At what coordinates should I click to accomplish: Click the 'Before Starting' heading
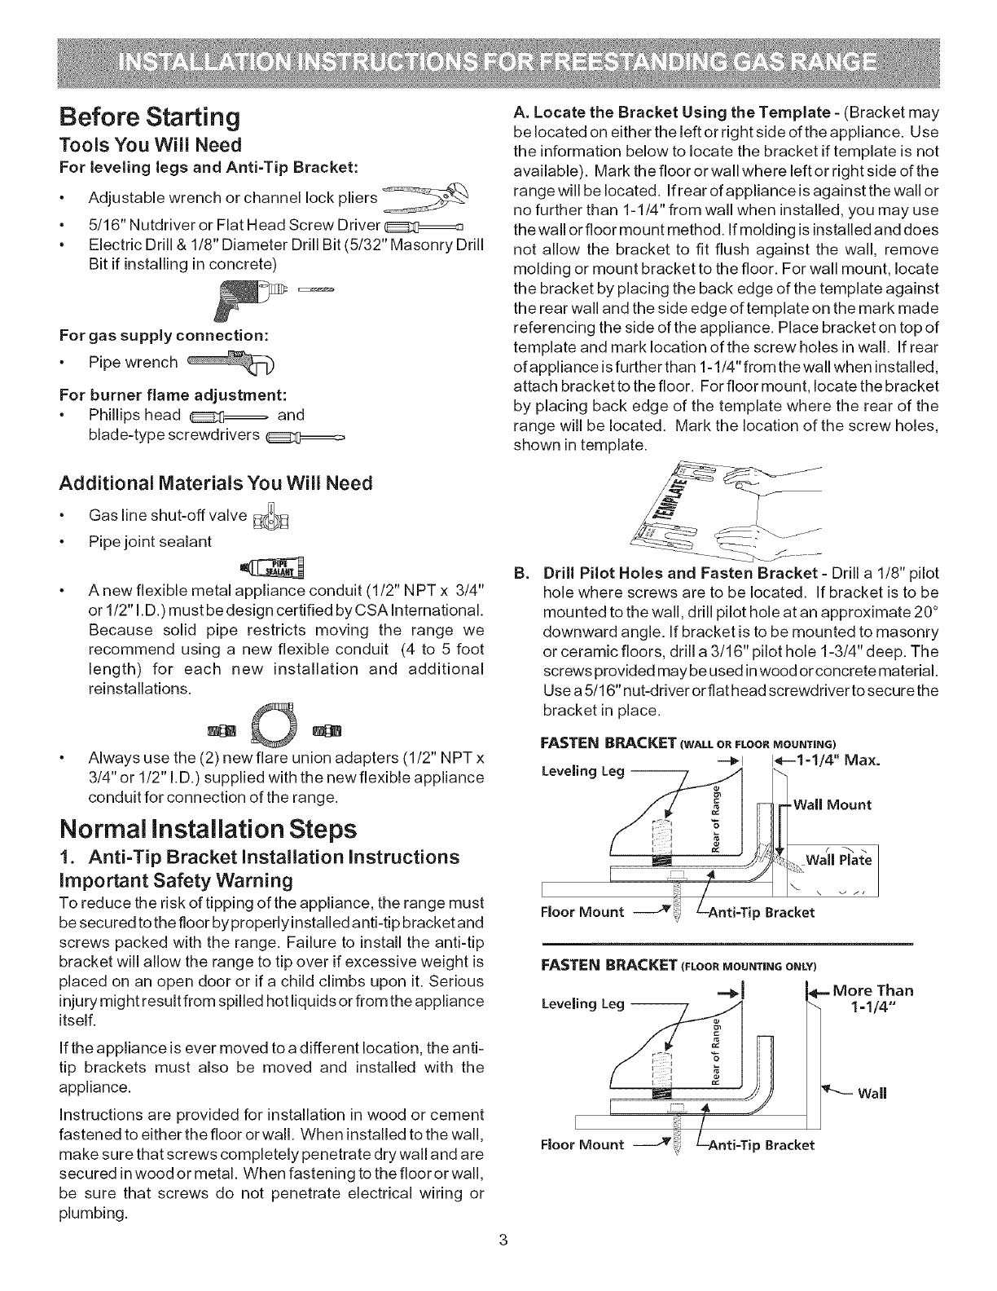tap(150, 117)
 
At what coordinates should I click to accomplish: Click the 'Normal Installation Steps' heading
tap(208, 830)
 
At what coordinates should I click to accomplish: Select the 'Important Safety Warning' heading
tap(176, 880)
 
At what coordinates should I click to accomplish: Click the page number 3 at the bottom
tap(503, 1263)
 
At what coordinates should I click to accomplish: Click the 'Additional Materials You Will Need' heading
tap(215, 483)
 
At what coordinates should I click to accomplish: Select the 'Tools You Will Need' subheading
tap(151, 145)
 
